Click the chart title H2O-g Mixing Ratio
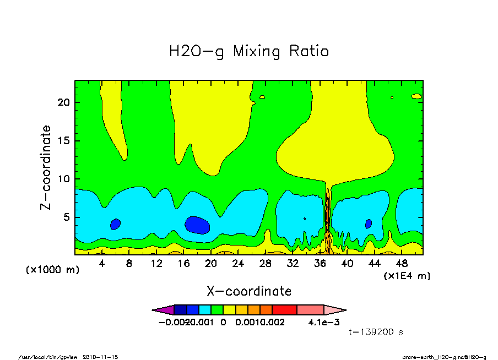pyautogui.click(x=248, y=52)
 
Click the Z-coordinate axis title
pyautogui.click(x=46, y=167)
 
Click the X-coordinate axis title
pyautogui.click(x=248, y=291)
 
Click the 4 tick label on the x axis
pyautogui.click(x=102, y=264)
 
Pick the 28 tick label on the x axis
pyautogui.click(x=265, y=264)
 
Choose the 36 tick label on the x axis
pyautogui.click(x=320, y=264)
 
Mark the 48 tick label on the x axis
pyautogui.click(x=401, y=264)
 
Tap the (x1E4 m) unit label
pyautogui.click(x=407, y=275)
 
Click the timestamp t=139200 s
pyautogui.click(x=376, y=332)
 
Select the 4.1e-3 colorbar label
pyautogui.click(x=321, y=322)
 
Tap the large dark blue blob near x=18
pyautogui.click(x=197, y=225)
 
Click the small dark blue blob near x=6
pyautogui.click(x=115, y=224)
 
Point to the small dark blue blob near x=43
pyautogui.click(x=369, y=223)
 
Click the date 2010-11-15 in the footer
pyautogui.click(x=100, y=357)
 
